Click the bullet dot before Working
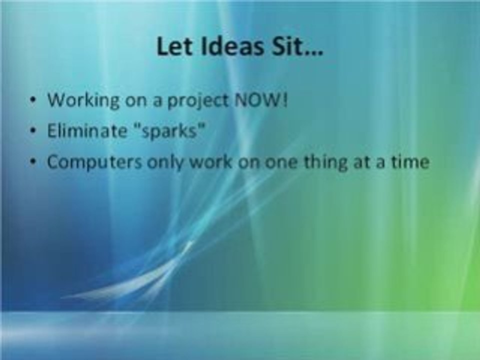[32, 100]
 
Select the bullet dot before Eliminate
[32, 131]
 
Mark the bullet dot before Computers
[32, 163]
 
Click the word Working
[83, 100]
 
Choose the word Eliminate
[87, 131]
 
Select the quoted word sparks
[168, 132]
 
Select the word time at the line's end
[409, 162]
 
